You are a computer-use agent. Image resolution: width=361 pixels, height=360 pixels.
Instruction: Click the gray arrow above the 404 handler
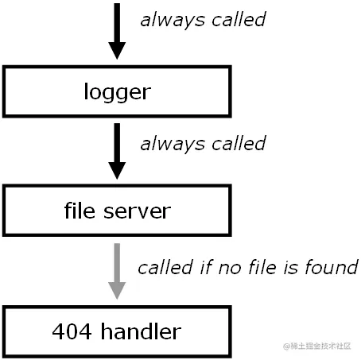click(117, 271)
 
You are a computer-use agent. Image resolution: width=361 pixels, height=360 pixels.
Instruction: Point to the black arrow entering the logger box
click(117, 31)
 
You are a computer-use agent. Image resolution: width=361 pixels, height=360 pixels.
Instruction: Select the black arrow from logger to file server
click(117, 151)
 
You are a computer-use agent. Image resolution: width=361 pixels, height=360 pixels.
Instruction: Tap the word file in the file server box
click(80, 211)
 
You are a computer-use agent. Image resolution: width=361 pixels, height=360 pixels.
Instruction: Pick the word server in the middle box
click(137, 212)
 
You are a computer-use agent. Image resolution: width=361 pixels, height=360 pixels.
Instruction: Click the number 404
click(72, 331)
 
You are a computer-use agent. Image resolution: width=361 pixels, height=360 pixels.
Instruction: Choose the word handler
click(141, 331)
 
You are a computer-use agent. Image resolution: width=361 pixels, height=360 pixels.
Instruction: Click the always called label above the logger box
click(203, 20)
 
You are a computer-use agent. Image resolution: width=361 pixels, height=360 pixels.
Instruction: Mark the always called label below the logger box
click(203, 144)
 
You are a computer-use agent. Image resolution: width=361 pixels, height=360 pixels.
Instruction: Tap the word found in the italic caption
click(332, 267)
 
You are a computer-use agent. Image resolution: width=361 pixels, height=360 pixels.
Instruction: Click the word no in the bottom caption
click(230, 269)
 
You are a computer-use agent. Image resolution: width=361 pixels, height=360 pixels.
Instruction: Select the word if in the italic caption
click(206, 267)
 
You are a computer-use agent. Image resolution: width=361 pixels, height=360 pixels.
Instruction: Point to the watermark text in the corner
click(317, 346)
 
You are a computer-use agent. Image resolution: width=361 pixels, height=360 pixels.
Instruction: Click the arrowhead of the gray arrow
click(117, 290)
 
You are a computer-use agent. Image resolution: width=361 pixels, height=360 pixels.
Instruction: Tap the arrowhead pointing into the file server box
click(117, 171)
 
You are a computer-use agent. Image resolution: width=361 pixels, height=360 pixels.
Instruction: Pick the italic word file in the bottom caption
click(262, 267)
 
